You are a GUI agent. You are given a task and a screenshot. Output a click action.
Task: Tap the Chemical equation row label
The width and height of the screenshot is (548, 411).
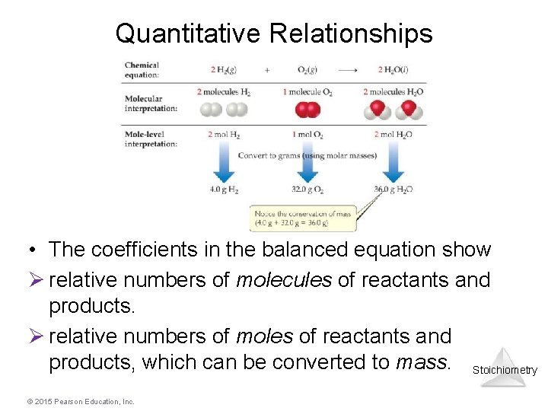pos(142,70)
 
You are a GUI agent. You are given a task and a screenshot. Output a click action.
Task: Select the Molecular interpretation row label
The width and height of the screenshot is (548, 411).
pos(151,103)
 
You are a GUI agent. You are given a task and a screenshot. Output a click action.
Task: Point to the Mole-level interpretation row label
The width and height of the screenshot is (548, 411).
pos(151,139)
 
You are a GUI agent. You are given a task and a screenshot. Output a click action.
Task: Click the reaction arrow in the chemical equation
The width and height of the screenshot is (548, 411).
pos(348,70)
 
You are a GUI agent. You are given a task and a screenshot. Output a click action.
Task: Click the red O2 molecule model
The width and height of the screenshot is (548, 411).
pos(307,110)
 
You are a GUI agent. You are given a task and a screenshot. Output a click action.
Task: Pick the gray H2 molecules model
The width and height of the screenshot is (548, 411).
pos(224,110)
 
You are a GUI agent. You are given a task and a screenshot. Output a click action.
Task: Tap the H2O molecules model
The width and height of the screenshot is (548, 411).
pos(394,110)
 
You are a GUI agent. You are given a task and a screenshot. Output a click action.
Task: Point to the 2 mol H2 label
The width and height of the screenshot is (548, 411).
pos(223,135)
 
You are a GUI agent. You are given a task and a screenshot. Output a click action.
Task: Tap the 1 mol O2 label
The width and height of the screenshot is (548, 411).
pos(307,135)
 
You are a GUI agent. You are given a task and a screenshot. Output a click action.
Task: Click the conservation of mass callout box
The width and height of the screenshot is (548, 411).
pos(303,218)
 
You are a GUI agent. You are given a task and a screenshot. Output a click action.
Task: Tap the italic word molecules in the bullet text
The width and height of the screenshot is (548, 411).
pos(284,280)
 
